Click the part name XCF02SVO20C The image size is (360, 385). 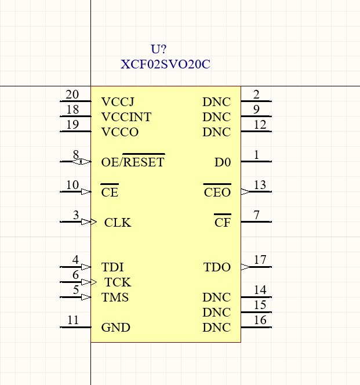165,64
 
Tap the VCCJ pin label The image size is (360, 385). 118,102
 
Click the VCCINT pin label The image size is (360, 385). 126,117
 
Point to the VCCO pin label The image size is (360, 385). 120,132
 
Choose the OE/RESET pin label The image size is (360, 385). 133,162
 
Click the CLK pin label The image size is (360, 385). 118,223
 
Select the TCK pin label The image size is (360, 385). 118,282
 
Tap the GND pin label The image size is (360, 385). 116,328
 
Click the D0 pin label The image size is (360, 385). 223,162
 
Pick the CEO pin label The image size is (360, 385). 217,192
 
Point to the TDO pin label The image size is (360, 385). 217,267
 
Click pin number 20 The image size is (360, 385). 72,95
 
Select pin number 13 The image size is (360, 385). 260,185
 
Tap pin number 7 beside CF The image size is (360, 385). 256,215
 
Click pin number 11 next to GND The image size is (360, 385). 72,320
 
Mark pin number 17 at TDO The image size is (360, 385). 260,260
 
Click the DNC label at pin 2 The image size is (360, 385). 217,102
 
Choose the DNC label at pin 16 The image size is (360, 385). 217,328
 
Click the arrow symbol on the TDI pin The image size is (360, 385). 86,267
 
